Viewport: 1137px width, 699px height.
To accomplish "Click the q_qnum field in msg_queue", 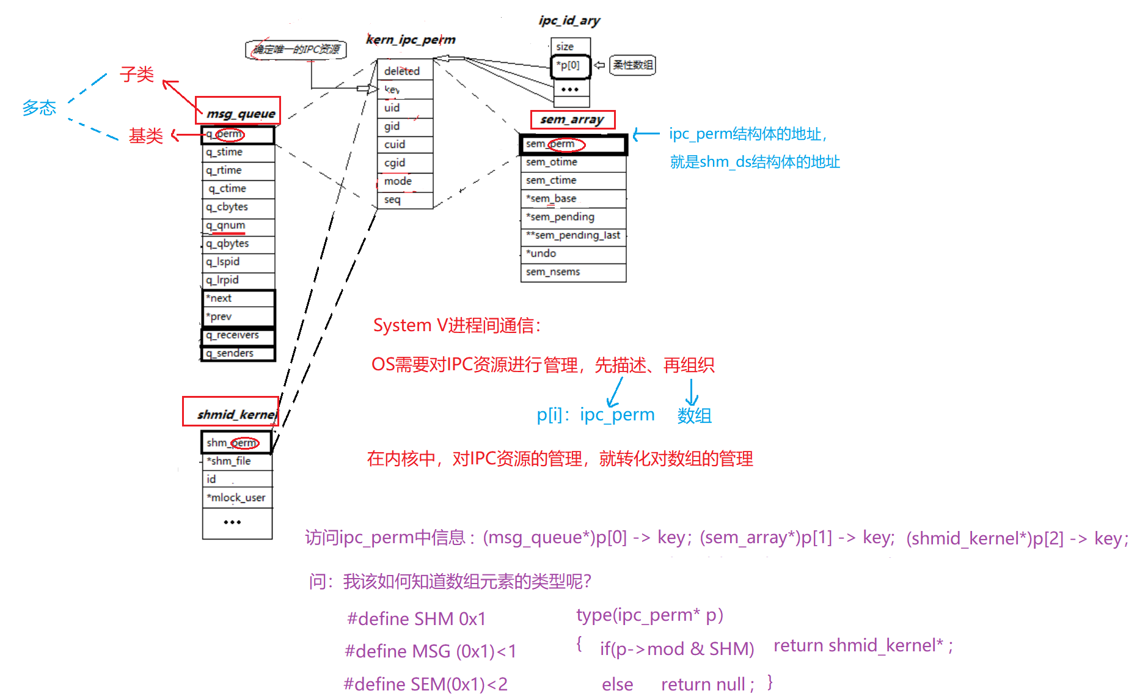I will (226, 225).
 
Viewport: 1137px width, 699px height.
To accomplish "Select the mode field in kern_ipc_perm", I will (398, 181).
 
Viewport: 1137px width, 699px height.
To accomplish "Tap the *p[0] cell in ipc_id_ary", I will (569, 66).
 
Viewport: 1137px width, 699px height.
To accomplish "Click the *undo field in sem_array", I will (542, 254).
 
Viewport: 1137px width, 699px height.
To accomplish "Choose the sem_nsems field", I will (554, 272).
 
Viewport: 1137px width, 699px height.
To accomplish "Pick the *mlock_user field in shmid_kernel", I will (236, 497).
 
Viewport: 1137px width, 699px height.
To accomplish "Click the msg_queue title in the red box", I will (241, 114).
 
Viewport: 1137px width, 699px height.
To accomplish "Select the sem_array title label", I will (572, 120).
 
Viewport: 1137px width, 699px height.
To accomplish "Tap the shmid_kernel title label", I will (236, 414).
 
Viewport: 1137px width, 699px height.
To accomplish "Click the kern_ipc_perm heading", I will (411, 40).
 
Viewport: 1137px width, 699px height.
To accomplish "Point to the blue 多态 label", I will (39, 108).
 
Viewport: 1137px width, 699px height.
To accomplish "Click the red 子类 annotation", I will (136, 75).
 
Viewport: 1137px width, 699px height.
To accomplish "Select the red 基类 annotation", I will (145, 136).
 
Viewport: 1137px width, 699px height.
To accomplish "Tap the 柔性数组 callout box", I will (633, 65).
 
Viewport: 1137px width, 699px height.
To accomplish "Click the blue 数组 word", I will (694, 415).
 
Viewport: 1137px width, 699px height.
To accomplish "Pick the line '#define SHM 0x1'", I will (417, 619).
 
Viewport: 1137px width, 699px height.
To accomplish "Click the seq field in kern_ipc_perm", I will (393, 200).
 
